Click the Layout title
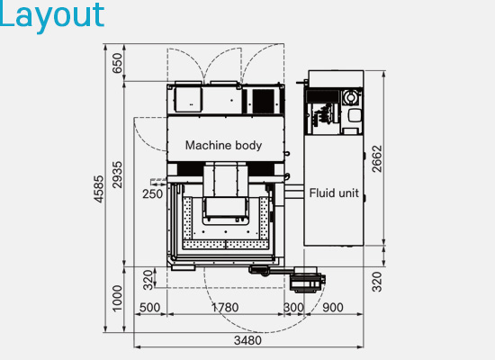click(52, 15)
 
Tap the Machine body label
click(223, 145)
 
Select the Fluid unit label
click(335, 193)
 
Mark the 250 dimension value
click(152, 193)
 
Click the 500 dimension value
click(150, 308)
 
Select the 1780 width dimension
click(225, 308)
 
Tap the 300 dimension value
click(293, 308)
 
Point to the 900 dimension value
click(332, 308)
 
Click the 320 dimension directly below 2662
click(376, 281)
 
